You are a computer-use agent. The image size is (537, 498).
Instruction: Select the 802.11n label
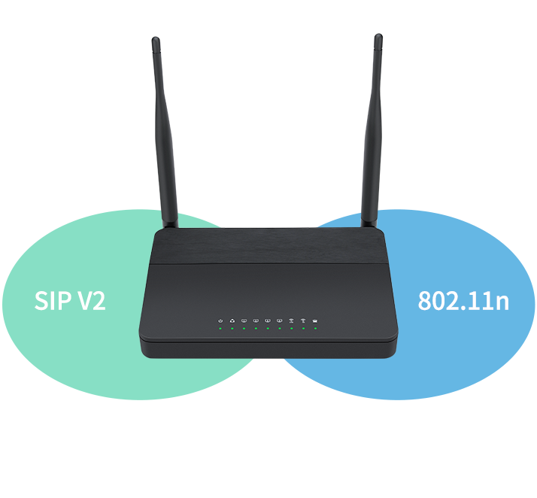coord(463,301)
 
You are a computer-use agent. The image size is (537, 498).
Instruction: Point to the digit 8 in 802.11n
coord(425,301)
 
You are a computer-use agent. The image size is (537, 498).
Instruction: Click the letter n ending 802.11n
coord(502,302)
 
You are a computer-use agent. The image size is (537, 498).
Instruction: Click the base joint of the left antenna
coord(170,221)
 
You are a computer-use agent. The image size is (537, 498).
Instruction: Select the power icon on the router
coord(220,320)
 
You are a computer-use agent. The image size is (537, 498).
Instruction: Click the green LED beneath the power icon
coord(220,329)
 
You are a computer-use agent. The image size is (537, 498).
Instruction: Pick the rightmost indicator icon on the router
coord(315,320)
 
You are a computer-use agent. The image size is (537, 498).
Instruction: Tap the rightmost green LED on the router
coord(315,329)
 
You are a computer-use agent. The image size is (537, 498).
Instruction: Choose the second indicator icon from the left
coord(232,320)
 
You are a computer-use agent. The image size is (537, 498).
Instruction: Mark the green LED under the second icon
coord(232,329)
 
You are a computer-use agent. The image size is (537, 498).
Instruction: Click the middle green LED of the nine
coord(268,329)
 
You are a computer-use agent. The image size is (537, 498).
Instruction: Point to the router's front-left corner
coord(143,339)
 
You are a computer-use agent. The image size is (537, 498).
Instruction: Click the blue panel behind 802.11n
coord(466,361)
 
